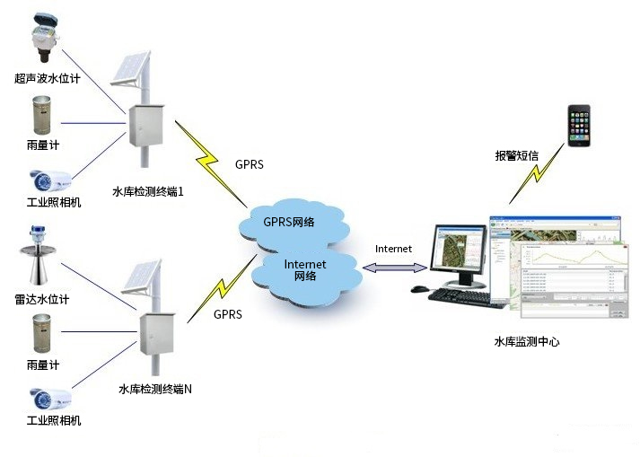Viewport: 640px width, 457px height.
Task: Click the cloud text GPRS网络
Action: pyautogui.click(x=288, y=222)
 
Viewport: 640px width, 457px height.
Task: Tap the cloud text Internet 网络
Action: pyautogui.click(x=305, y=269)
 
